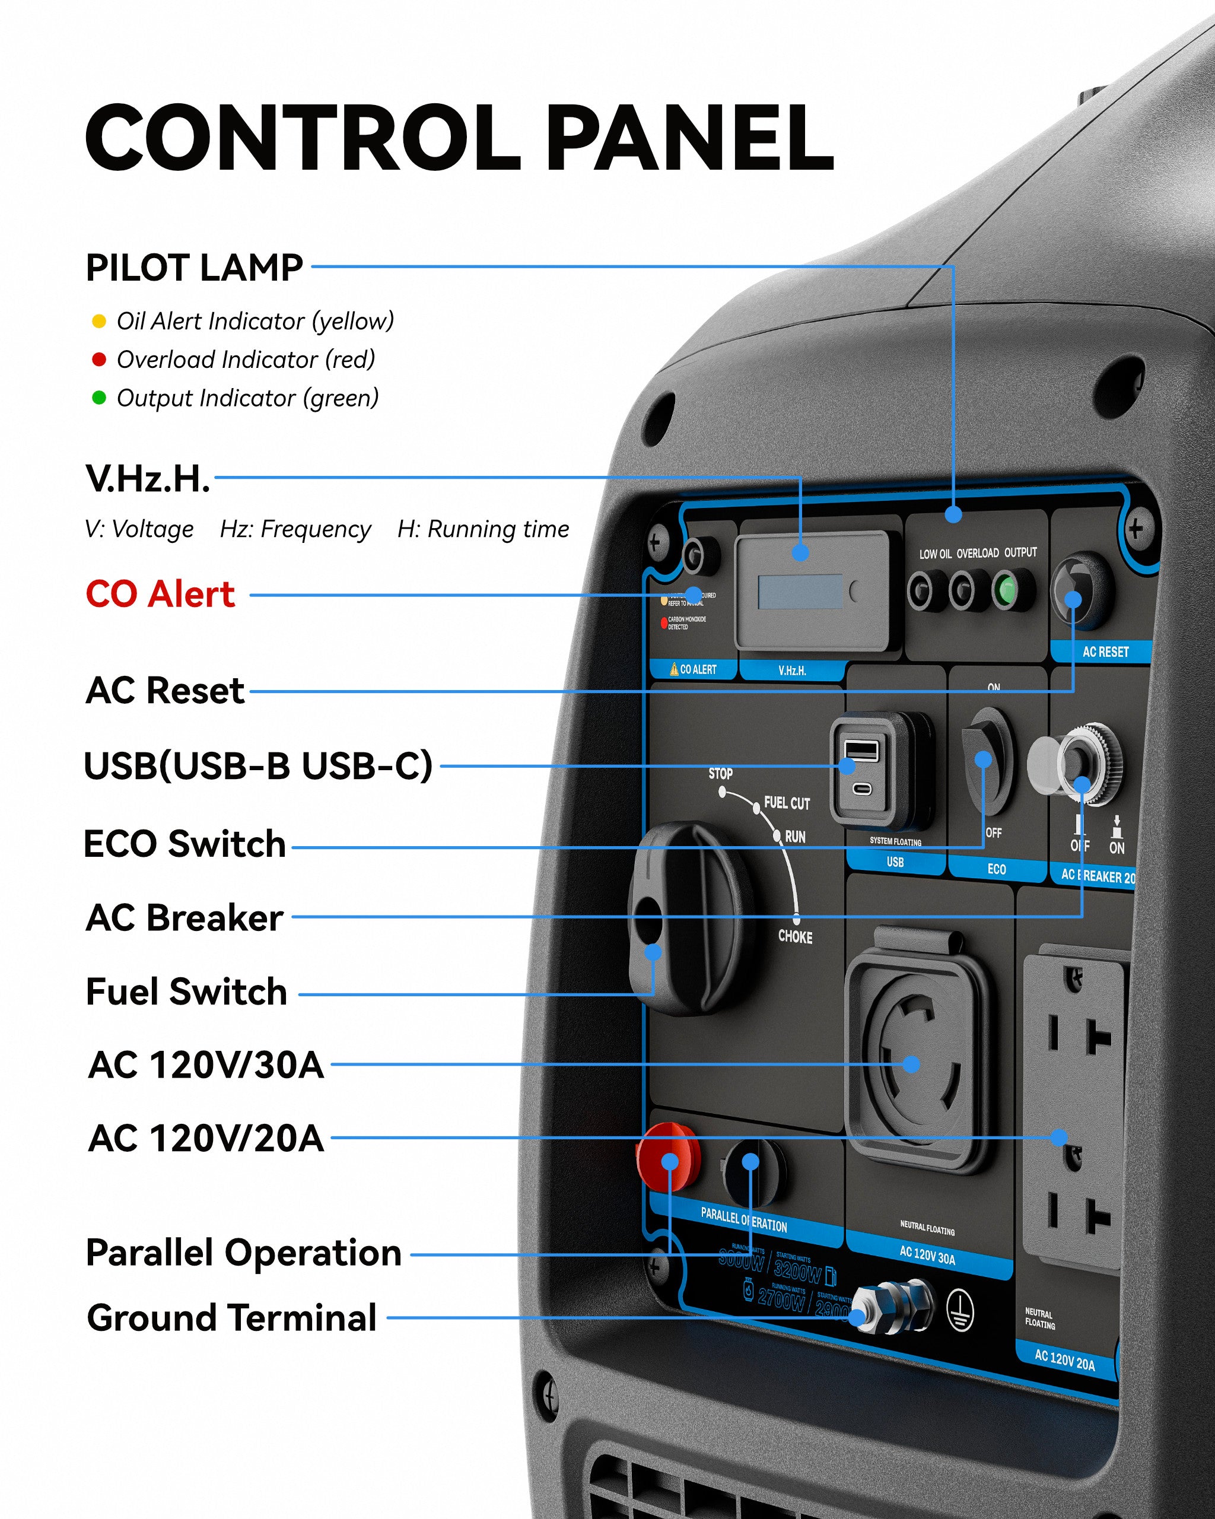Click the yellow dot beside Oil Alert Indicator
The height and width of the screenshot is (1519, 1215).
[x=98, y=321]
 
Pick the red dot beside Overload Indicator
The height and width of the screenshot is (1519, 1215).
[x=98, y=360]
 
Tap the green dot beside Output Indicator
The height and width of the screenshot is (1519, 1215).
[x=98, y=398]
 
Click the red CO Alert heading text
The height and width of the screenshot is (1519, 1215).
[x=160, y=594]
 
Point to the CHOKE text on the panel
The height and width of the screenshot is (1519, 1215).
[x=795, y=937]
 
